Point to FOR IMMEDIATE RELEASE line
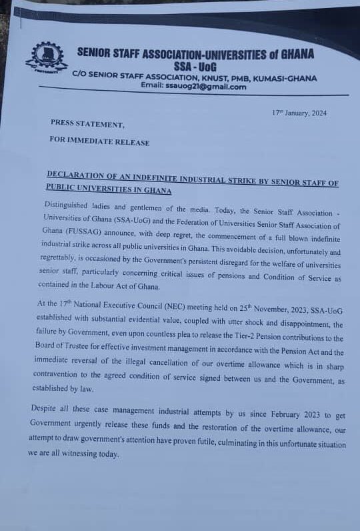[99, 142]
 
